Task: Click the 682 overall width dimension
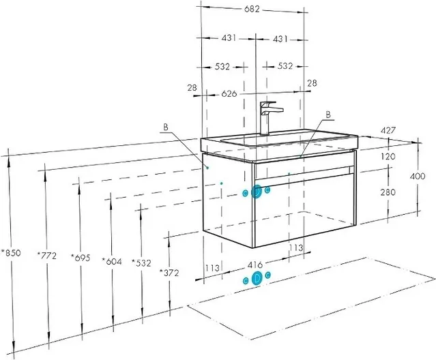coord(252,9)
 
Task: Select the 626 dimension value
coord(229,94)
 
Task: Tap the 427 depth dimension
coord(388,130)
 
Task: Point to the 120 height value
coord(388,156)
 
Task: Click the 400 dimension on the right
coord(418,176)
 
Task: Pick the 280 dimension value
coord(388,192)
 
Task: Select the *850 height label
coord(11,253)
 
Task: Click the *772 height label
coord(46,255)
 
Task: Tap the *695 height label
coord(81,258)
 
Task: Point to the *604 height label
coord(112,261)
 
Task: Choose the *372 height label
coord(169,273)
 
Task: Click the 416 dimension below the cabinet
coord(255,265)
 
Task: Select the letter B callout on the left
coord(166,127)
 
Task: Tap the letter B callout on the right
coord(328,115)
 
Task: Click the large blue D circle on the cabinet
coord(257,192)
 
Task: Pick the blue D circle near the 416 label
coord(257,278)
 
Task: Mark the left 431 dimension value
coord(229,37)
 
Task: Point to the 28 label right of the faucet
coord(312,82)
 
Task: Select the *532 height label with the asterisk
coord(141,262)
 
